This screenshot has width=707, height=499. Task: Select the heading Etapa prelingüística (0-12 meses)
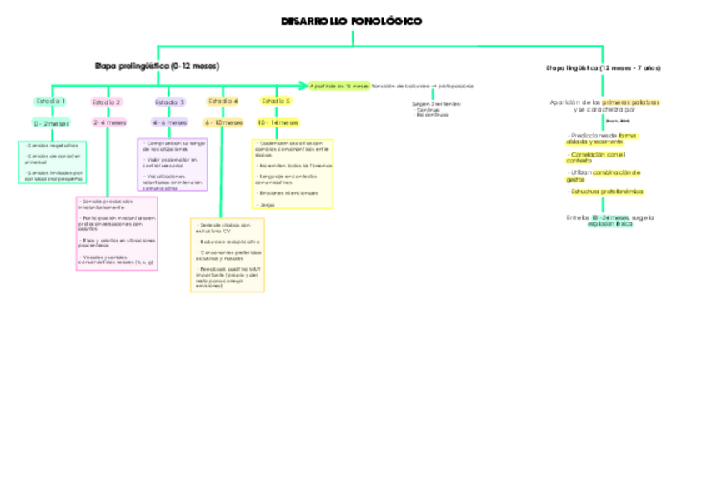(x=157, y=65)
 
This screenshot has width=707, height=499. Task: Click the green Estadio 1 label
(x=51, y=102)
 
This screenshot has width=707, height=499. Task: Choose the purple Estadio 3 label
(x=170, y=102)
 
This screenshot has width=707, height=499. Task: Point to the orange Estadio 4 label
(x=223, y=102)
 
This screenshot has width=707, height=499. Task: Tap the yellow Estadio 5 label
(x=276, y=102)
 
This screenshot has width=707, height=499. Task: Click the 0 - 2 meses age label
(x=51, y=122)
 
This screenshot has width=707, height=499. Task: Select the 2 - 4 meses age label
(x=109, y=122)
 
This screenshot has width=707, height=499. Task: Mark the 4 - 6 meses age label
(x=170, y=122)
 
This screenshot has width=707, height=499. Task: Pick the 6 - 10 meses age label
(x=223, y=122)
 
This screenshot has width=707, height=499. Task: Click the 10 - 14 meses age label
(x=278, y=122)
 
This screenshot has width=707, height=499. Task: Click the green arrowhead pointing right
(x=304, y=85)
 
